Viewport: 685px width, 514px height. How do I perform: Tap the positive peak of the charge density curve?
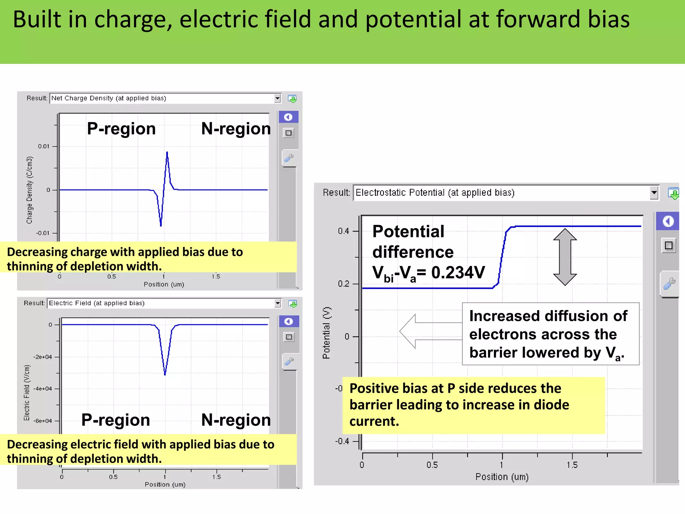(167, 153)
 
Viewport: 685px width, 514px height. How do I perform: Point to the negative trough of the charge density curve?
(161, 225)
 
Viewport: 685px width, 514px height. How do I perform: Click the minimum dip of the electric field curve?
(165, 374)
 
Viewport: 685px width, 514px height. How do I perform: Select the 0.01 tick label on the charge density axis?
(43, 146)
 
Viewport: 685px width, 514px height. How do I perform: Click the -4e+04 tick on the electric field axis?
(43, 389)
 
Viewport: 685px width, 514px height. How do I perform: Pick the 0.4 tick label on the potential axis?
(343, 231)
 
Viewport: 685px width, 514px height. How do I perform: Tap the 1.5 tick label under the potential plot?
(572, 465)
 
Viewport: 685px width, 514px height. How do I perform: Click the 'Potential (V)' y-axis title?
(326, 333)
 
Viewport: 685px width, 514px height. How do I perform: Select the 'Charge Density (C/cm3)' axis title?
(29, 190)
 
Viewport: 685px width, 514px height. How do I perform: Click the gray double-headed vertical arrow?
(565, 257)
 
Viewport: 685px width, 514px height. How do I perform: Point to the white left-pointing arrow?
(430, 331)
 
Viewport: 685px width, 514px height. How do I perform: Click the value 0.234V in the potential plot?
(458, 272)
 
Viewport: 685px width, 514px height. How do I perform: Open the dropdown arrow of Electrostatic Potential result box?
(654, 193)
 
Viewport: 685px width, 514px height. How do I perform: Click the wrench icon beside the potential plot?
(669, 283)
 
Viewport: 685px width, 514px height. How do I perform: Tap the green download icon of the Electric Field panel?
(293, 304)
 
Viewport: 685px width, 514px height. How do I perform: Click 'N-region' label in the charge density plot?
(236, 128)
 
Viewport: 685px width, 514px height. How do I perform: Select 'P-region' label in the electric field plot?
(116, 420)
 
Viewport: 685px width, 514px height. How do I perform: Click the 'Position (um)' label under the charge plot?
(164, 284)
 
